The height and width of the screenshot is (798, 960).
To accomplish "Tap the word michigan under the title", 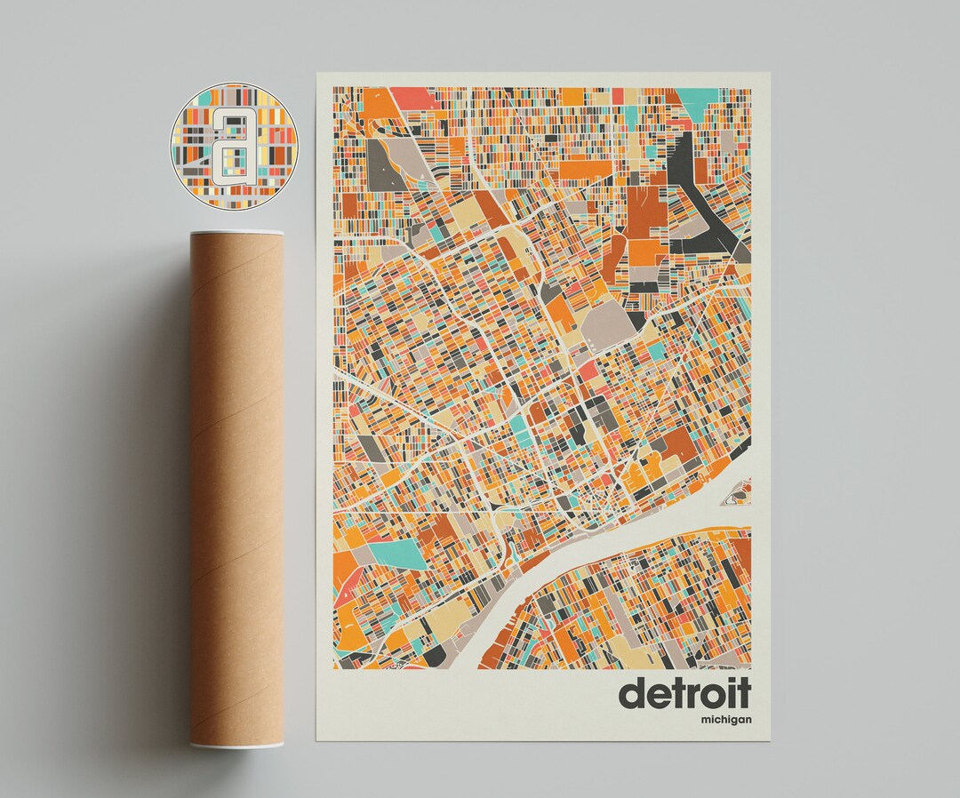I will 725,718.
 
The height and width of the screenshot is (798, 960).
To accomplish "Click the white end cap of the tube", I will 236,744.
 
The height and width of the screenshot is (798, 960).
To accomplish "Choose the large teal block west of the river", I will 396,554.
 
